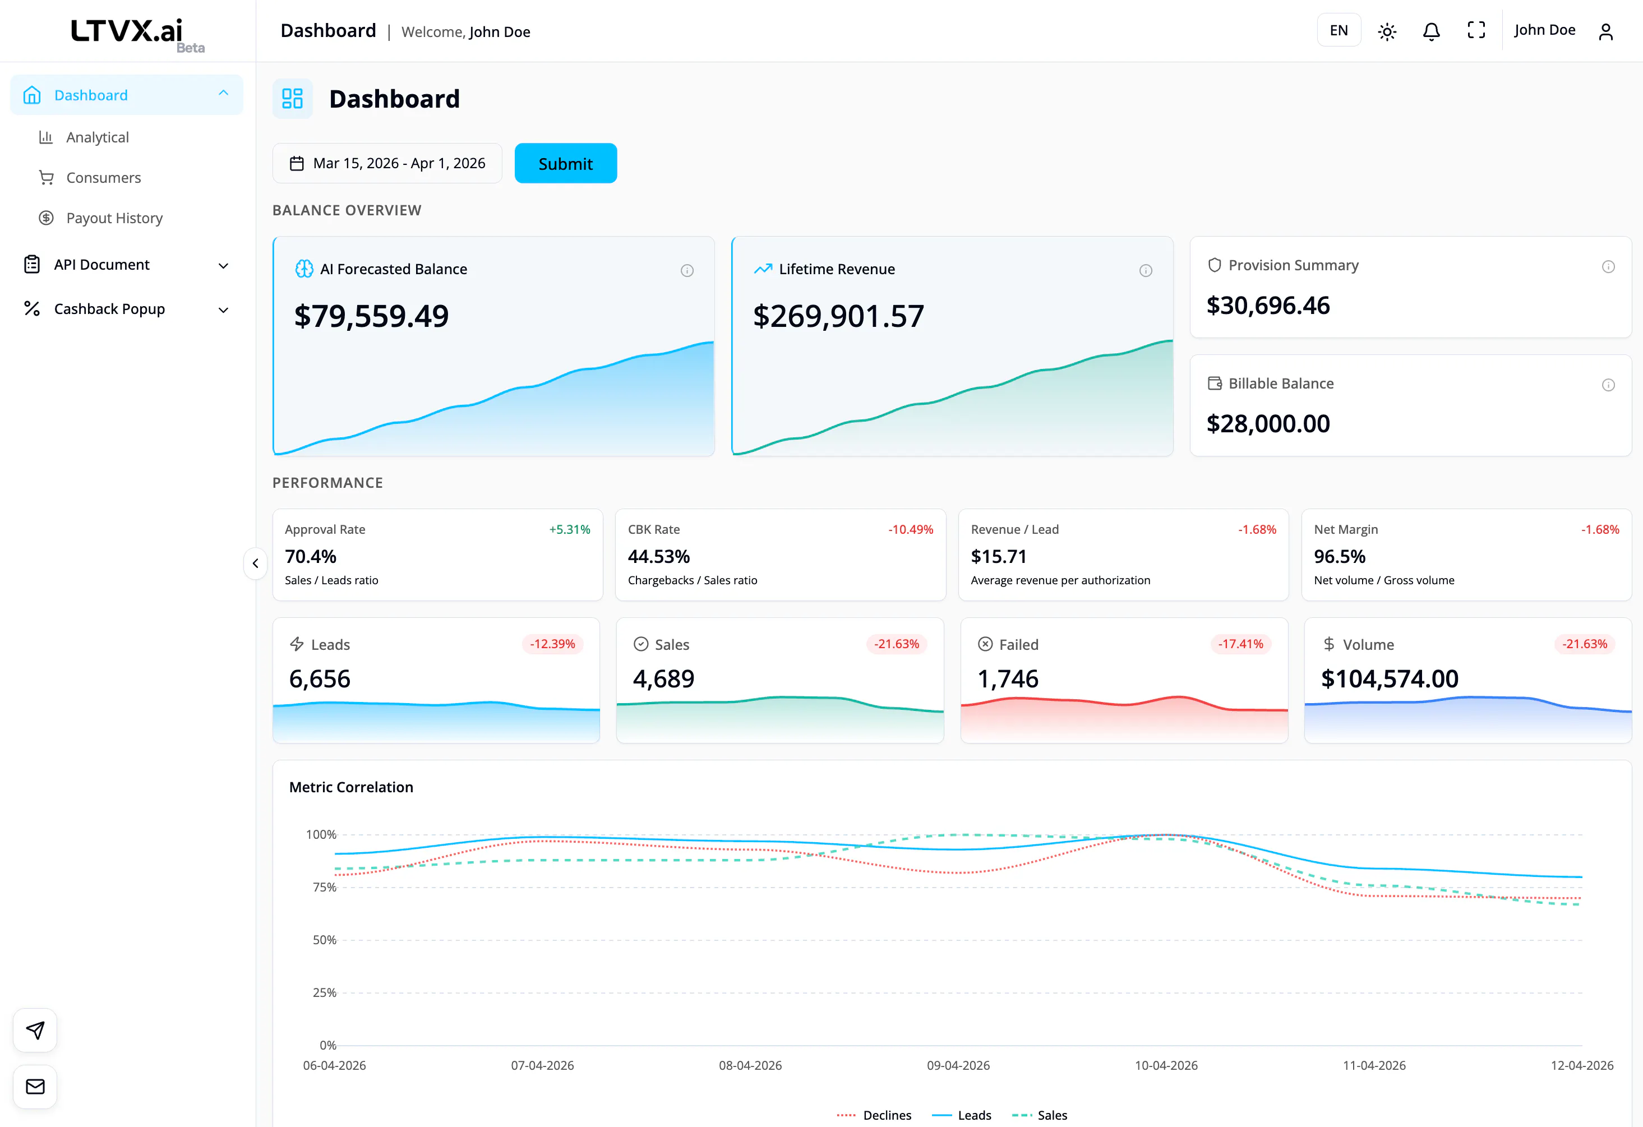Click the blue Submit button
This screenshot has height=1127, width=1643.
click(x=566, y=163)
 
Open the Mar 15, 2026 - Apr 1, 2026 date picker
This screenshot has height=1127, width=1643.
click(x=387, y=163)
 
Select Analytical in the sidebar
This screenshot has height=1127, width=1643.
click(x=98, y=137)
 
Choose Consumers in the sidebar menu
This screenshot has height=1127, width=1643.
click(x=103, y=178)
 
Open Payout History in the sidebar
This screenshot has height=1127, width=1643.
click(x=114, y=218)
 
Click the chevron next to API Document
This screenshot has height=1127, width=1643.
click(x=223, y=266)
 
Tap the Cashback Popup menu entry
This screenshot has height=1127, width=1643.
click(x=109, y=309)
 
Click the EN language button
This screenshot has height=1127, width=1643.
click(x=1339, y=30)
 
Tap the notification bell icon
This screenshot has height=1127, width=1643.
click(x=1432, y=31)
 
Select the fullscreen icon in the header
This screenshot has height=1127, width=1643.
click(x=1476, y=30)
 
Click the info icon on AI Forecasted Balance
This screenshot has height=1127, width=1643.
click(x=687, y=271)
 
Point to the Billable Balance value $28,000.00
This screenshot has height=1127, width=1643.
click(x=1268, y=423)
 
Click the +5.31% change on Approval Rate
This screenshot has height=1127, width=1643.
click(x=570, y=529)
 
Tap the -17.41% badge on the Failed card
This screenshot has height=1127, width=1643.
click(x=1241, y=644)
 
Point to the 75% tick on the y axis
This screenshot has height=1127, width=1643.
click(x=325, y=888)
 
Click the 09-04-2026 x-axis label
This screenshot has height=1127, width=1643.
click(x=958, y=1065)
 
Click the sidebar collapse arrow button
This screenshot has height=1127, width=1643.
click(x=255, y=563)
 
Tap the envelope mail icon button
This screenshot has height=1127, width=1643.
click(x=35, y=1087)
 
